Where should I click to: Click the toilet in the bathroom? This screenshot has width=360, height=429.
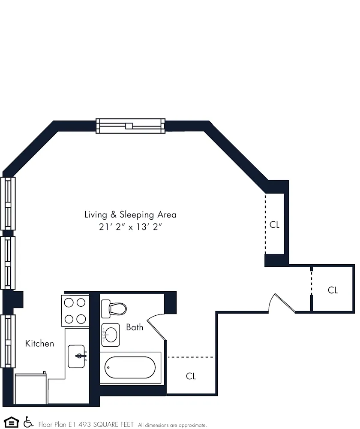tap(114, 308)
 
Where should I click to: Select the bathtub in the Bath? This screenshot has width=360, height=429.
tap(130, 368)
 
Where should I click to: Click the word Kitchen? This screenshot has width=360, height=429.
tap(39, 344)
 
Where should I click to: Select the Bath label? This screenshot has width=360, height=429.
tap(135, 327)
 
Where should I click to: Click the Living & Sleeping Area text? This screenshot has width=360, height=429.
tap(130, 214)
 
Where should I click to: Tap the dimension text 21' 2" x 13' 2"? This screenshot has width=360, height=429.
tap(130, 227)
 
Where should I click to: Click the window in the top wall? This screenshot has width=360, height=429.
tap(130, 126)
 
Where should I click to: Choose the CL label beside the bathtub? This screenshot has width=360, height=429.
tap(191, 376)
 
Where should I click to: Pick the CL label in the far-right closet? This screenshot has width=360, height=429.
tap(333, 290)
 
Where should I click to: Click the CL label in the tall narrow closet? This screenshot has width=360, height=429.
tap(274, 224)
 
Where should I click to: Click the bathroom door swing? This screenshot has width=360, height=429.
tap(155, 328)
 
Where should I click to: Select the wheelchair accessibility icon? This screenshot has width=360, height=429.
tap(29, 422)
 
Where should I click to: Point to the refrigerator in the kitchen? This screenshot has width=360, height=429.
tap(31, 389)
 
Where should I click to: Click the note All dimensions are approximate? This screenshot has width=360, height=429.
tap(172, 425)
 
